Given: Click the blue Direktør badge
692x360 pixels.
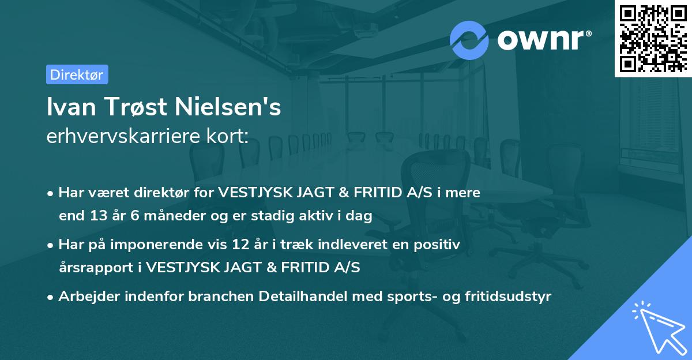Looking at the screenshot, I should [77, 74].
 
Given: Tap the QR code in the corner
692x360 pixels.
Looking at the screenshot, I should [652, 38].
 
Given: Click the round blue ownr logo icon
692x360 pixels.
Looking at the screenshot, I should [469, 40].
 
